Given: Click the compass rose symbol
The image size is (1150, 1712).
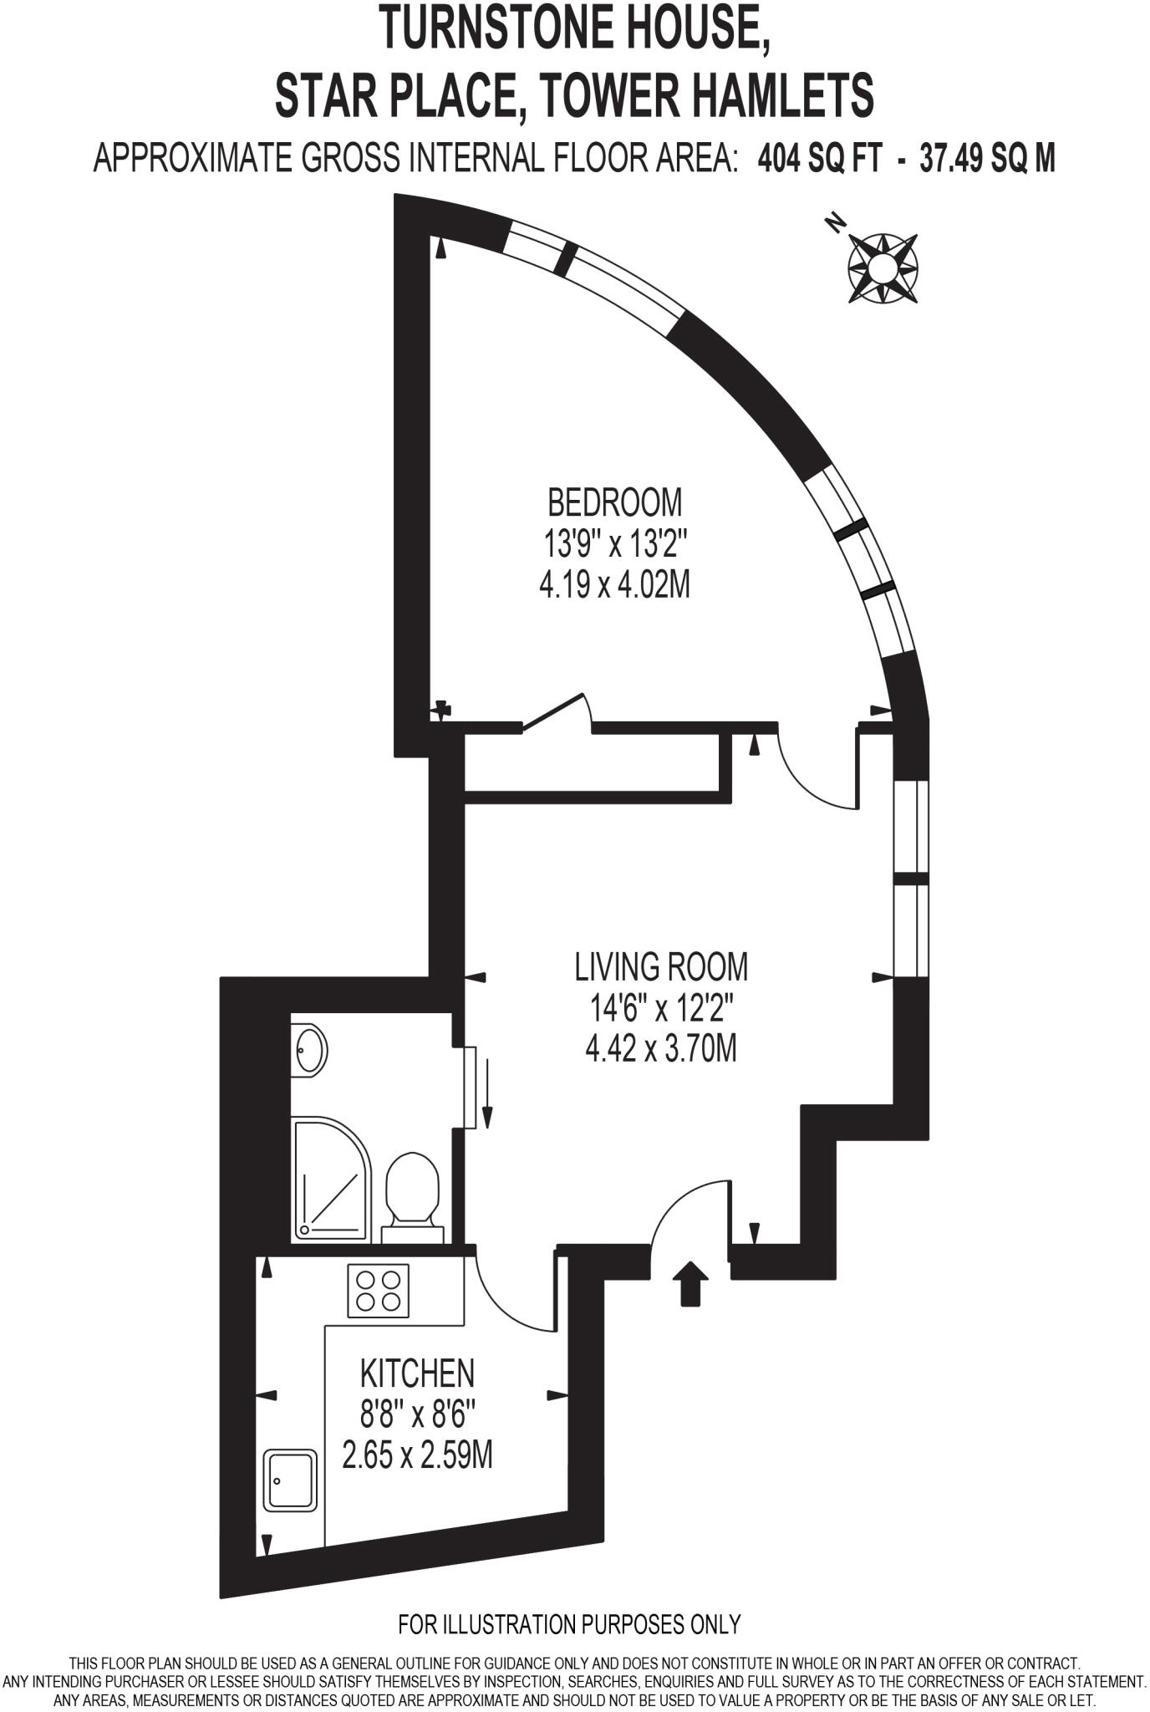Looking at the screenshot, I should coord(883,268).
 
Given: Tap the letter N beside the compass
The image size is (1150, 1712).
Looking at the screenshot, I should coord(834,222).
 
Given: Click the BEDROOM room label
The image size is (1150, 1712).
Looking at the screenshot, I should coord(614,502).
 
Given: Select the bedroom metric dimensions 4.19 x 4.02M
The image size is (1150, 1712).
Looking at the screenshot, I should coord(614,585).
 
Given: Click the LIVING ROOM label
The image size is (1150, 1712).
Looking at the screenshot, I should coord(660,967).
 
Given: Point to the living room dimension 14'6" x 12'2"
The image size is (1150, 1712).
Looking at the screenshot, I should coord(660,1008).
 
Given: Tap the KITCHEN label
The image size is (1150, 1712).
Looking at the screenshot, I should coord(417,1373).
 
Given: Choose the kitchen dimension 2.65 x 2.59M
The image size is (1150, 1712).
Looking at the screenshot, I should coord(417,1455).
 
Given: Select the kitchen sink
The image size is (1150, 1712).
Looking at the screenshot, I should coord(291,1480).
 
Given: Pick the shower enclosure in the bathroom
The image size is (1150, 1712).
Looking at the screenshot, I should coord(331,1180).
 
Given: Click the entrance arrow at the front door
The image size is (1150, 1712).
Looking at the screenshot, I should coord(690,1283).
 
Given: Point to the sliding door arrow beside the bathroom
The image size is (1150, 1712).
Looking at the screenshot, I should coord(487,1094).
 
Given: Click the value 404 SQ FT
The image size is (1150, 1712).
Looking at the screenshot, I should coord(819,157).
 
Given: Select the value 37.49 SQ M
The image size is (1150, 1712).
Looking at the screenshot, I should coord(987,157).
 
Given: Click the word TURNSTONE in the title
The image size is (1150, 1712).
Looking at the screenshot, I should coord(481,28).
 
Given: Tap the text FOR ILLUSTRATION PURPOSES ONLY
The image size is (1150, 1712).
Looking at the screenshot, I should coord(569,1624).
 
